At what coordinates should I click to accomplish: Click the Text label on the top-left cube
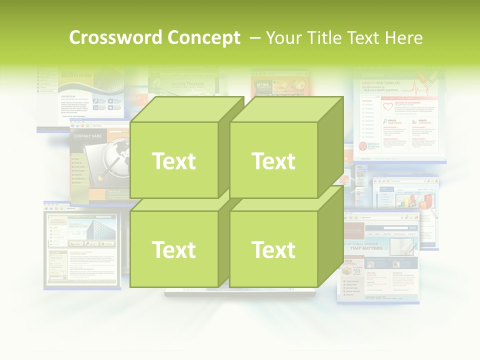point(173,161)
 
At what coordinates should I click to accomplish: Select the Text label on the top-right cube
point(273,161)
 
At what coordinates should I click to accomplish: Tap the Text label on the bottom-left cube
point(173,249)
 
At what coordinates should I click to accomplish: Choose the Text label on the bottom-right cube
point(273,249)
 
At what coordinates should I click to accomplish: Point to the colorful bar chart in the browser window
point(415,200)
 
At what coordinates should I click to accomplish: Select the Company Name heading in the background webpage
point(87,136)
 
